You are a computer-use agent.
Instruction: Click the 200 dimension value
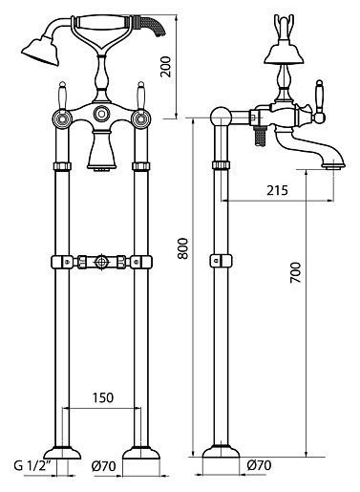coord(166,67)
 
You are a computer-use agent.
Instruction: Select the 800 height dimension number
coord(183,248)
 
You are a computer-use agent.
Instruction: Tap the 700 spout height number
coord(295,272)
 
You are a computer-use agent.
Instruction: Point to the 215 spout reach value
coord(277,190)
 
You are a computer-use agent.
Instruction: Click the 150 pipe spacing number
coord(103,397)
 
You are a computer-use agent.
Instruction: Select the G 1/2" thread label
coord(32,466)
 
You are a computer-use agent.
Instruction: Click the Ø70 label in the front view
coord(104,466)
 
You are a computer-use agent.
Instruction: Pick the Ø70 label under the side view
coord(259,465)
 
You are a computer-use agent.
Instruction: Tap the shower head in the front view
coord(41,51)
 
